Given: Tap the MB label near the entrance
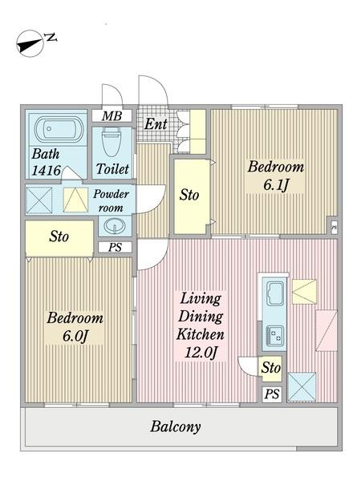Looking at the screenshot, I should tap(112, 116).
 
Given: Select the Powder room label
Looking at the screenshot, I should tap(112, 200).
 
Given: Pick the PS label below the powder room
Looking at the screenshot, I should tap(115, 247).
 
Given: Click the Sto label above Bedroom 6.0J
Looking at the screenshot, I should tap(59, 236).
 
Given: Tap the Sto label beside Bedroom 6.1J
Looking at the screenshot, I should tap(189, 195).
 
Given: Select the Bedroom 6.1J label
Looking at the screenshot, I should tap(275, 176).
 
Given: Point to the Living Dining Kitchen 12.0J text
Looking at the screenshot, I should tap(201, 325).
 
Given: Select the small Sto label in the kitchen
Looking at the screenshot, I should tap(272, 368).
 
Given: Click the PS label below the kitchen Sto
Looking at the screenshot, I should tap(272, 394).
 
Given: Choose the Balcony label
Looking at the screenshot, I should tap(175, 426).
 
